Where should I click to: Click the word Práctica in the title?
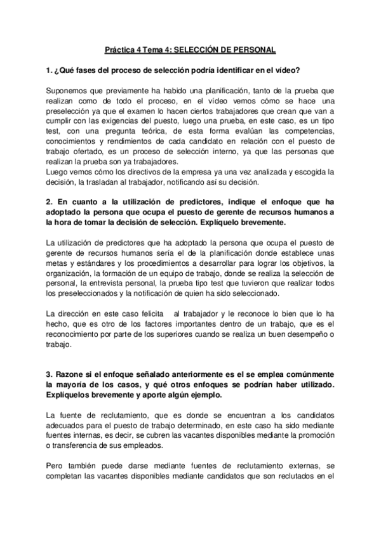(x=118, y=49)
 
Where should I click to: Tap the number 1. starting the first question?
(x=48, y=69)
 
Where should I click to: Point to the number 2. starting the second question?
(x=48, y=202)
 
